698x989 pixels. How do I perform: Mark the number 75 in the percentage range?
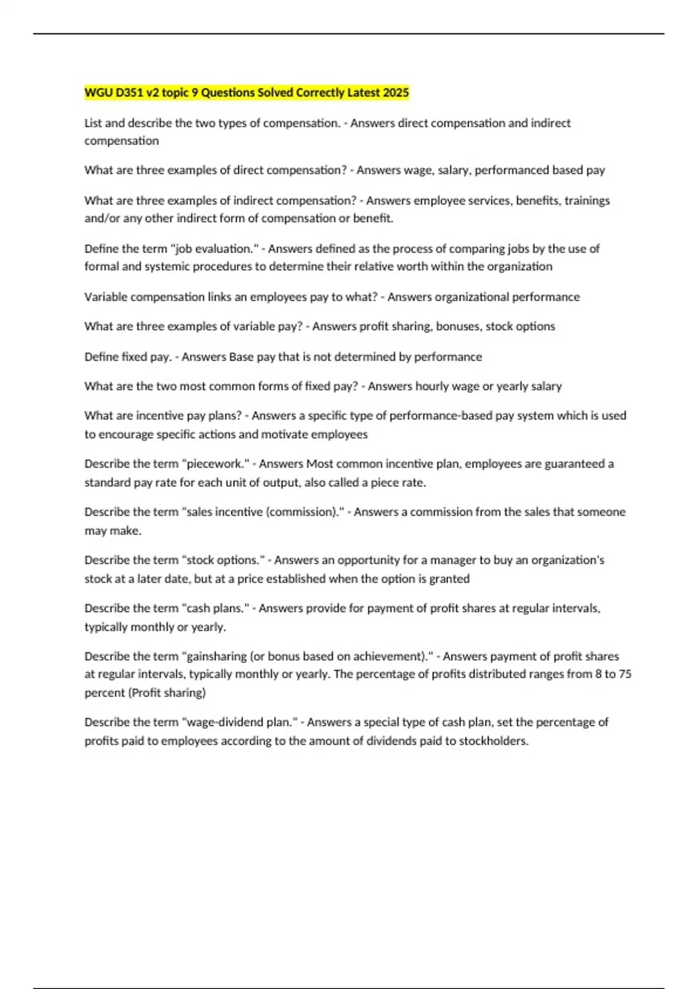625,674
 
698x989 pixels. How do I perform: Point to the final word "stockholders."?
494,741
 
